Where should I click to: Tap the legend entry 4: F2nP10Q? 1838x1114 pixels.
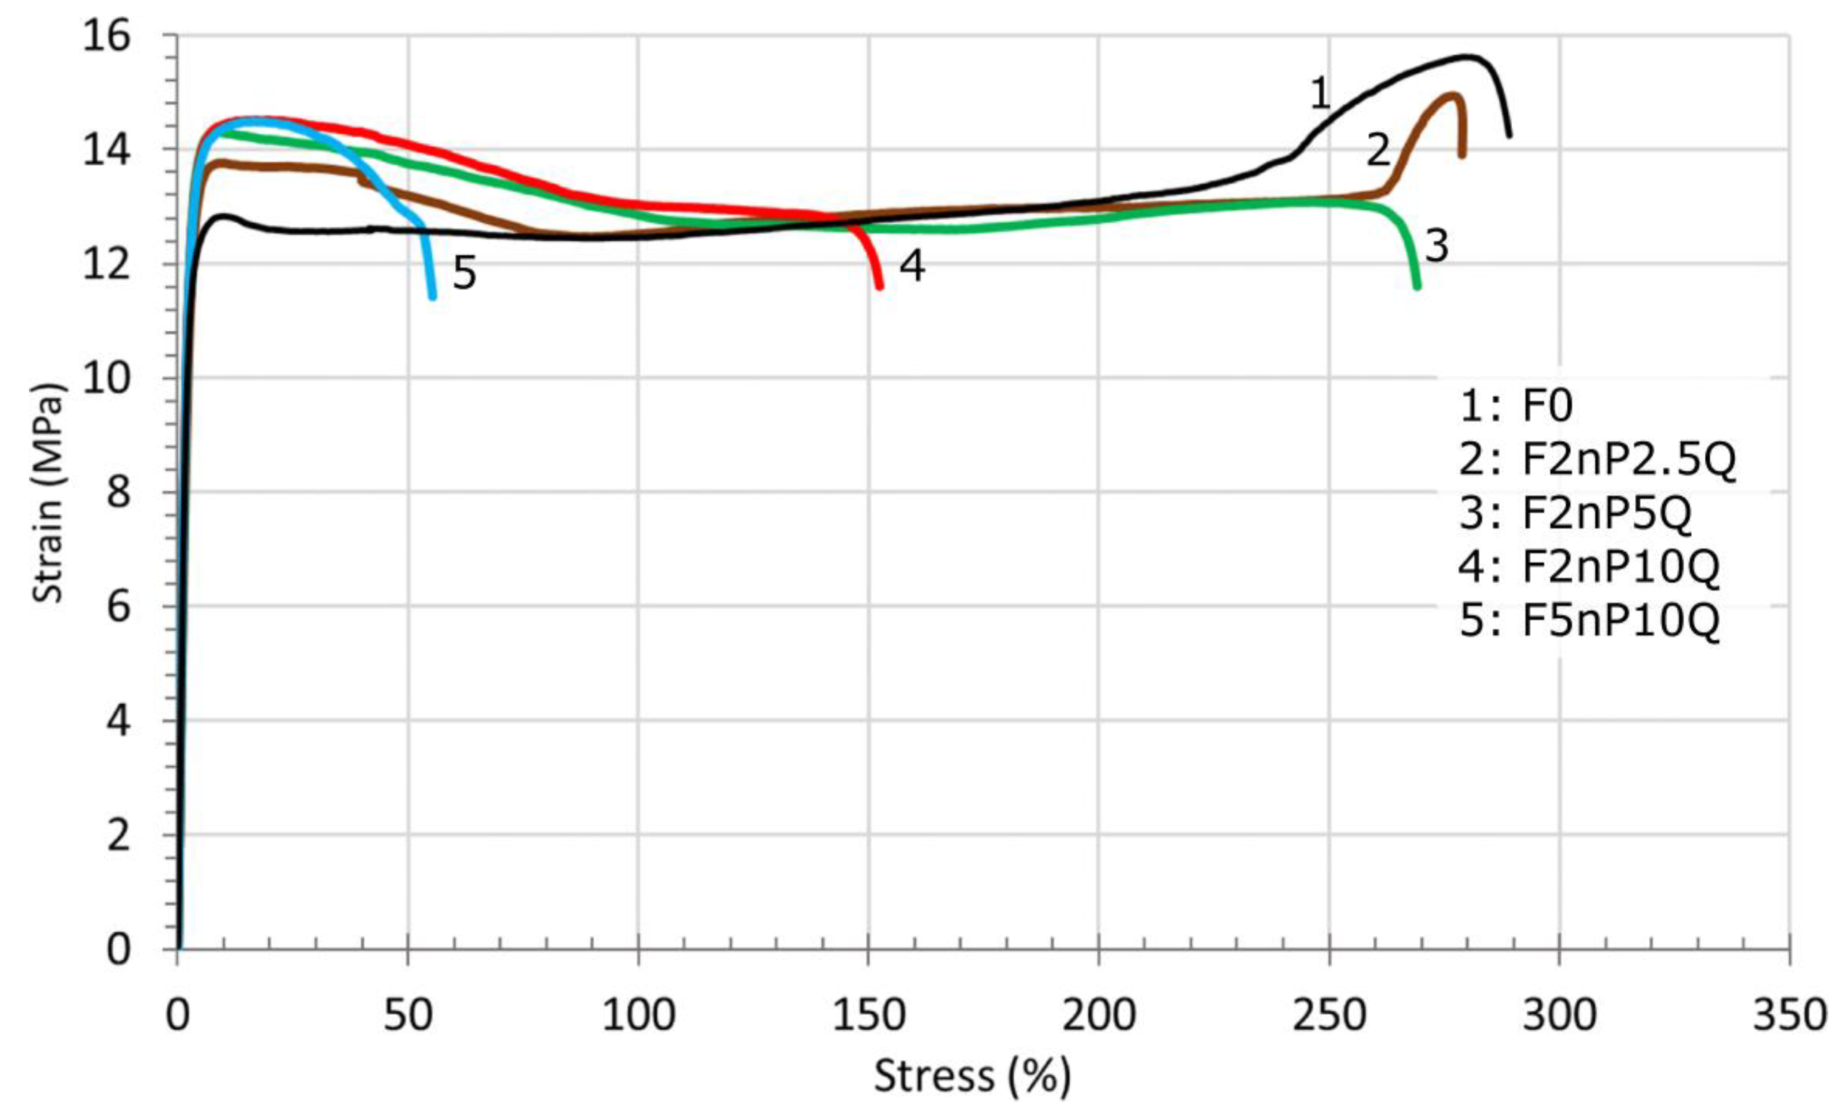(1589, 566)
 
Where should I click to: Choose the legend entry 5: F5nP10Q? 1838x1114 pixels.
(1589, 620)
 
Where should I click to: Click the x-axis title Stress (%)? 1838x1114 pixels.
(972, 1076)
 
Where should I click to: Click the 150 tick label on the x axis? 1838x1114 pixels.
(868, 1015)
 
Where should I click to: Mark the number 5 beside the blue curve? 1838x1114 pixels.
(464, 274)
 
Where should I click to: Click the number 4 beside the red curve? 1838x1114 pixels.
(912, 265)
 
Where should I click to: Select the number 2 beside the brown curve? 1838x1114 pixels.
(1378, 150)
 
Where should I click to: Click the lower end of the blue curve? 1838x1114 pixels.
(433, 297)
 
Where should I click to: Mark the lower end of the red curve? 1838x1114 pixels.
(880, 287)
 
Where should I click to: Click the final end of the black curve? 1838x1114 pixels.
(1509, 136)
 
